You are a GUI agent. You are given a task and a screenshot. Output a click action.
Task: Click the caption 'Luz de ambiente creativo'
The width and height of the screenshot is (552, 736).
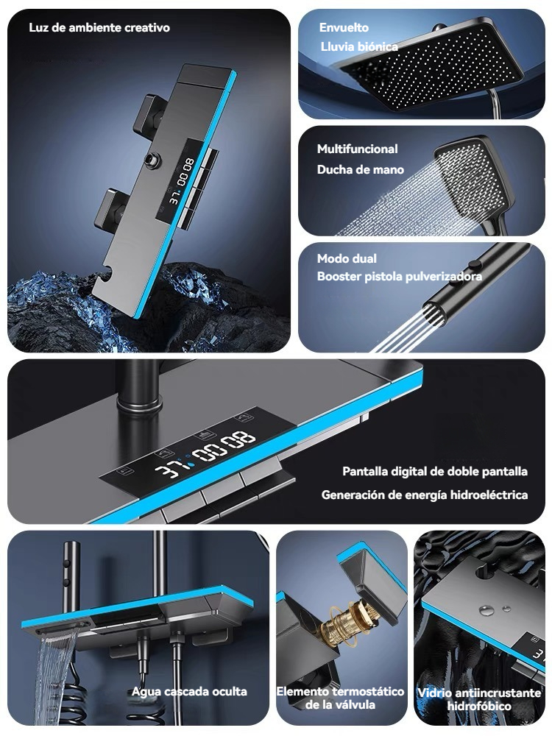click(99, 28)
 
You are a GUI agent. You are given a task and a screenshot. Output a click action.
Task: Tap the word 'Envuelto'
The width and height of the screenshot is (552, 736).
click(344, 28)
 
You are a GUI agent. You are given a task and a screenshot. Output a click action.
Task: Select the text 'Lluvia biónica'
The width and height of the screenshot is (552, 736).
click(359, 46)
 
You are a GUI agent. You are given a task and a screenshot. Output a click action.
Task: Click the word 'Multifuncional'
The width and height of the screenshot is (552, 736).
click(357, 149)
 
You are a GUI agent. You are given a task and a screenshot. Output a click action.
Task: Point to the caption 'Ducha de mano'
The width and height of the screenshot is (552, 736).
click(360, 169)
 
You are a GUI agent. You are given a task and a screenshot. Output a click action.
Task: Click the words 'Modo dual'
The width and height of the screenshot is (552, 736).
click(347, 258)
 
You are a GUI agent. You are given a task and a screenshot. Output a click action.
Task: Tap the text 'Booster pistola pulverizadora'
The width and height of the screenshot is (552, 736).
click(400, 277)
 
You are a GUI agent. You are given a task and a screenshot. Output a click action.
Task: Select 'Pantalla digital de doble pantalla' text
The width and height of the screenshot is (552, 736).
click(435, 471)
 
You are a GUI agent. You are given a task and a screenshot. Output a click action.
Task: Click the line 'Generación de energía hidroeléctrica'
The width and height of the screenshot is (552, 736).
click(425, 495)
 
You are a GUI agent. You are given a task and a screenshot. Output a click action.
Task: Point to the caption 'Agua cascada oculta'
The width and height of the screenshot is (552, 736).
click(189, 691)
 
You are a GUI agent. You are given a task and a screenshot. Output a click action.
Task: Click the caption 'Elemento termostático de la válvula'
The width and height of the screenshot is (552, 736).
click(340, 698)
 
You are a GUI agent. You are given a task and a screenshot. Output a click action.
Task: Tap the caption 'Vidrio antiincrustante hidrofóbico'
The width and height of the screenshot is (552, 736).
click(479, 699)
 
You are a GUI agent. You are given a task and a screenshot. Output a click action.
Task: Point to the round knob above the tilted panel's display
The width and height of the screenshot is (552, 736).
click(152, 160)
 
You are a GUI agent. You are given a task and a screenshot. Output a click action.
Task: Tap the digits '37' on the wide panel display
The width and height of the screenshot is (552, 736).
click(169, 470)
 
